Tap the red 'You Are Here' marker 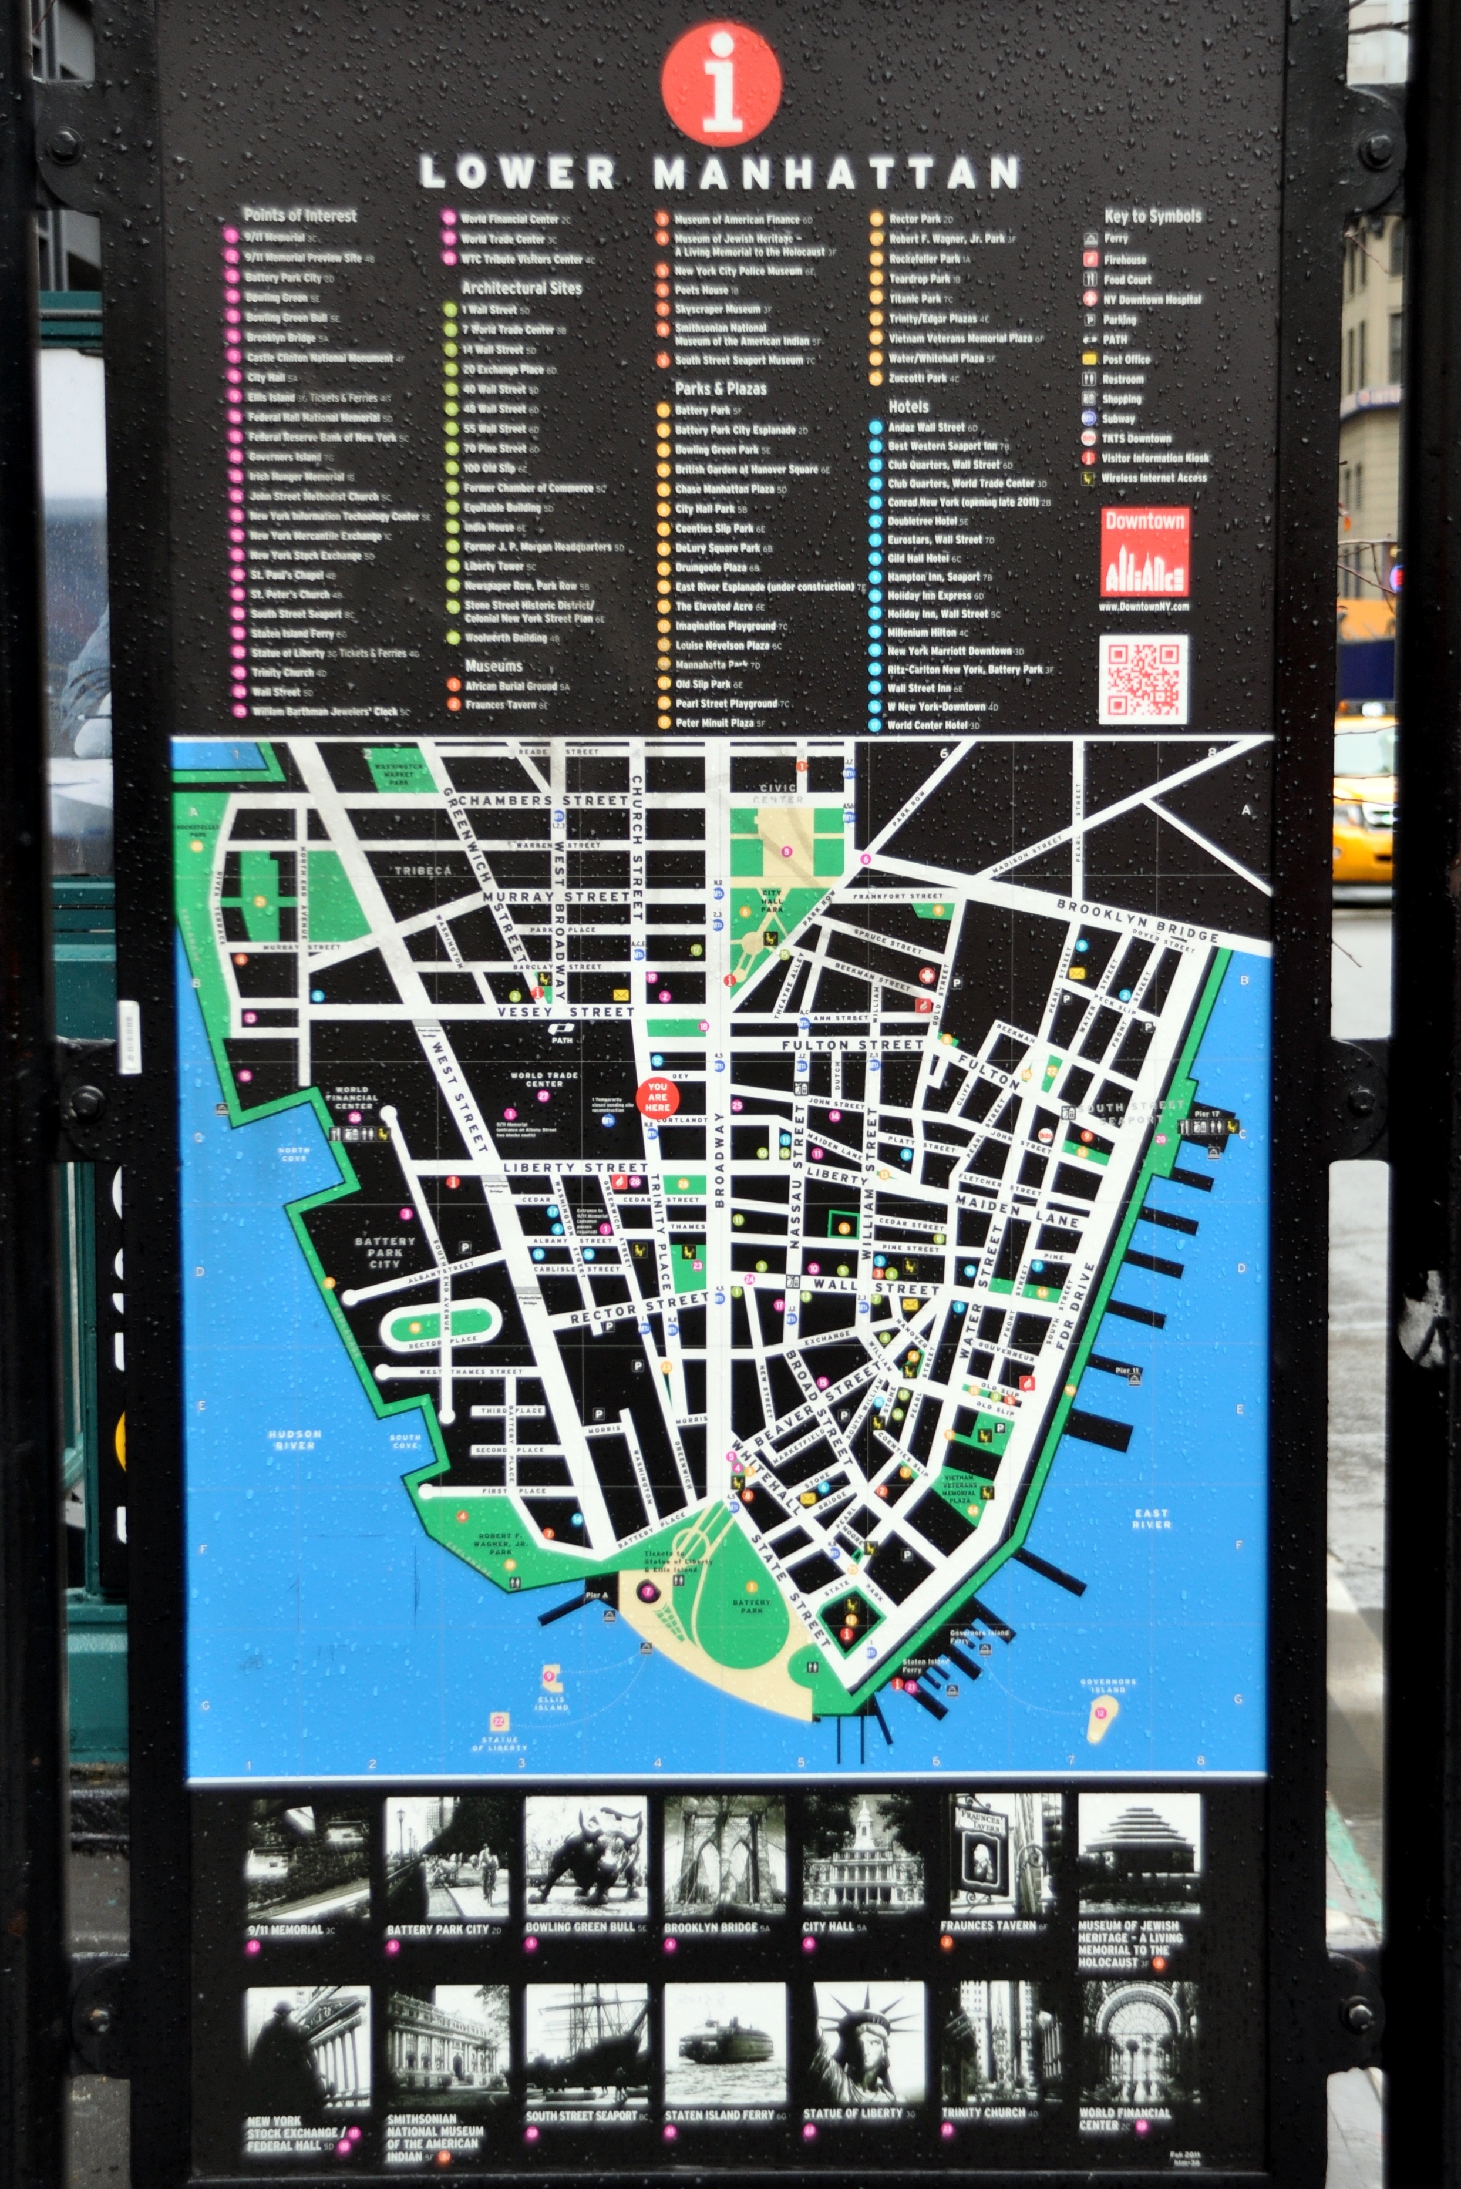[x=657, y=1097]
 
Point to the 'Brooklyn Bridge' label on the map [x=1137, y=921]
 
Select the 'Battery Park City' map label [x=385, y=1252]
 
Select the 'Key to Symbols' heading [x=1153, y=216]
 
